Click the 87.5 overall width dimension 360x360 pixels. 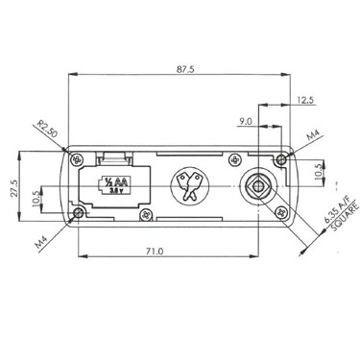[185, 69]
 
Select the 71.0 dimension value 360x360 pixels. [155, 252]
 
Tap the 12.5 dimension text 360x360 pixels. [304, 100]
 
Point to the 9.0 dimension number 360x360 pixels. [246, 121]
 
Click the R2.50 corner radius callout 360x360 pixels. [47, 129]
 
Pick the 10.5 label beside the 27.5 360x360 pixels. [36, 198]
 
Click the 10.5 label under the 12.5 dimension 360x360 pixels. [319, 171]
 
